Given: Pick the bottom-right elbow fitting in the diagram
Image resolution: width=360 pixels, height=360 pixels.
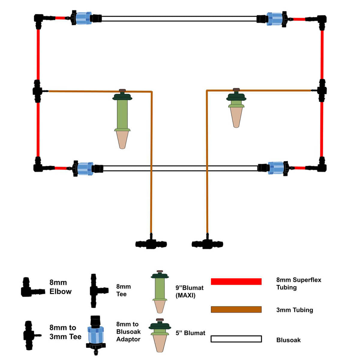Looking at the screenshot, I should (321, 166).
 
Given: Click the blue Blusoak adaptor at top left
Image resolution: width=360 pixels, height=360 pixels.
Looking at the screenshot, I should (83, 18).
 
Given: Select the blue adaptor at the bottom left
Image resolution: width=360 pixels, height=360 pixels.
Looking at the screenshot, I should (84, 168).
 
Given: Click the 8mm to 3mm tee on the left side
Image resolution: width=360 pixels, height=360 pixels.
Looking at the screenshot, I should (37, 91).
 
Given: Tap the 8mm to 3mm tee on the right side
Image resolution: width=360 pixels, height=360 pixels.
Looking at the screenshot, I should (322, 90).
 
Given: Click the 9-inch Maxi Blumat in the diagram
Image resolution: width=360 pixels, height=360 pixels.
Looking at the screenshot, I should (122, 117).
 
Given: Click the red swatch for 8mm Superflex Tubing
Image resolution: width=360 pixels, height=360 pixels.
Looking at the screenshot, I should (236, 281).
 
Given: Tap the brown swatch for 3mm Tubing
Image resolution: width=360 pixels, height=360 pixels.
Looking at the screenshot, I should (236, 309).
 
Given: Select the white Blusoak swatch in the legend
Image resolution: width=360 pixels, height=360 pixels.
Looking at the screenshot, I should (236, 339).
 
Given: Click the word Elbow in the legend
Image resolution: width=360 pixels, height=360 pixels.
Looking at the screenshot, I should (61, 291).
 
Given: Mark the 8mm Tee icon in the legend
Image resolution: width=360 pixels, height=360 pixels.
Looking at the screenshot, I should (97, 290).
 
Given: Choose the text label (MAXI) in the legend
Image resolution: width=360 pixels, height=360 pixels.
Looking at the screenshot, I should (185, 295).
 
